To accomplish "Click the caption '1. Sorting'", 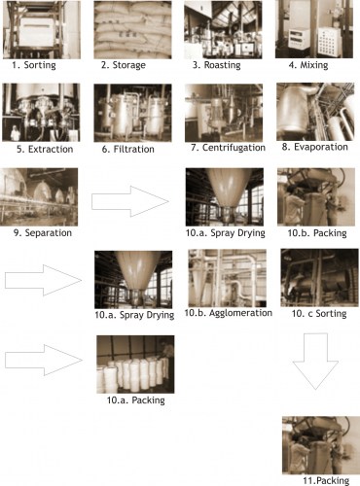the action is pyautogui.click(x=34, y=65).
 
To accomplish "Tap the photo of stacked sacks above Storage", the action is pyautogui.click(x=132, y=29).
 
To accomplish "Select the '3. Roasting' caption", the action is pyautogui.click(x=216, y=65).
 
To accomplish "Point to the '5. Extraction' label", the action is pyautogui.click(x=45, y=149).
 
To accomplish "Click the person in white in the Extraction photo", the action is pyautogui.click(x=15, y=133).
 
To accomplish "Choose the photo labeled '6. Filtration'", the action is pyautogui.click(x=132, y=113).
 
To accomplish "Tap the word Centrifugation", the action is pyautogui.click(x=234, y=148).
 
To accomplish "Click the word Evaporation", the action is pyautogui.click(x=321, y=147).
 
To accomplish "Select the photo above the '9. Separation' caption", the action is pyautogui.click(x=39, y=196).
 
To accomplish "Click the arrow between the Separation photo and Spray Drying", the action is pyautogui.click(x=130, y=201).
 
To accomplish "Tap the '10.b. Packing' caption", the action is pyautogui.click(x=317, y=233).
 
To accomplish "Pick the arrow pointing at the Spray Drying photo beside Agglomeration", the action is pyautogui.click(x=43, y=280).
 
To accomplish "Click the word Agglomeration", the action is pyautogui.click(x=240, y=313).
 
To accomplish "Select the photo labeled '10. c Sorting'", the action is pyautogui.click(x=320, y=278).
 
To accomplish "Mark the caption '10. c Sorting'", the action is pyautogui.click(x=319, y=313).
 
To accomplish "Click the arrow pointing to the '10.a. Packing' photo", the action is pyautogui.click(x=44, y=360).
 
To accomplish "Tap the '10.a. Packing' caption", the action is pyautogui.click(x=136, y=400).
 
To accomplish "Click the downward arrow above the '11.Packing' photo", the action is pyautogui.click(x=315, y=361).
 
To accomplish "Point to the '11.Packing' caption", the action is pyautogui.click(x=326, y=480).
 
